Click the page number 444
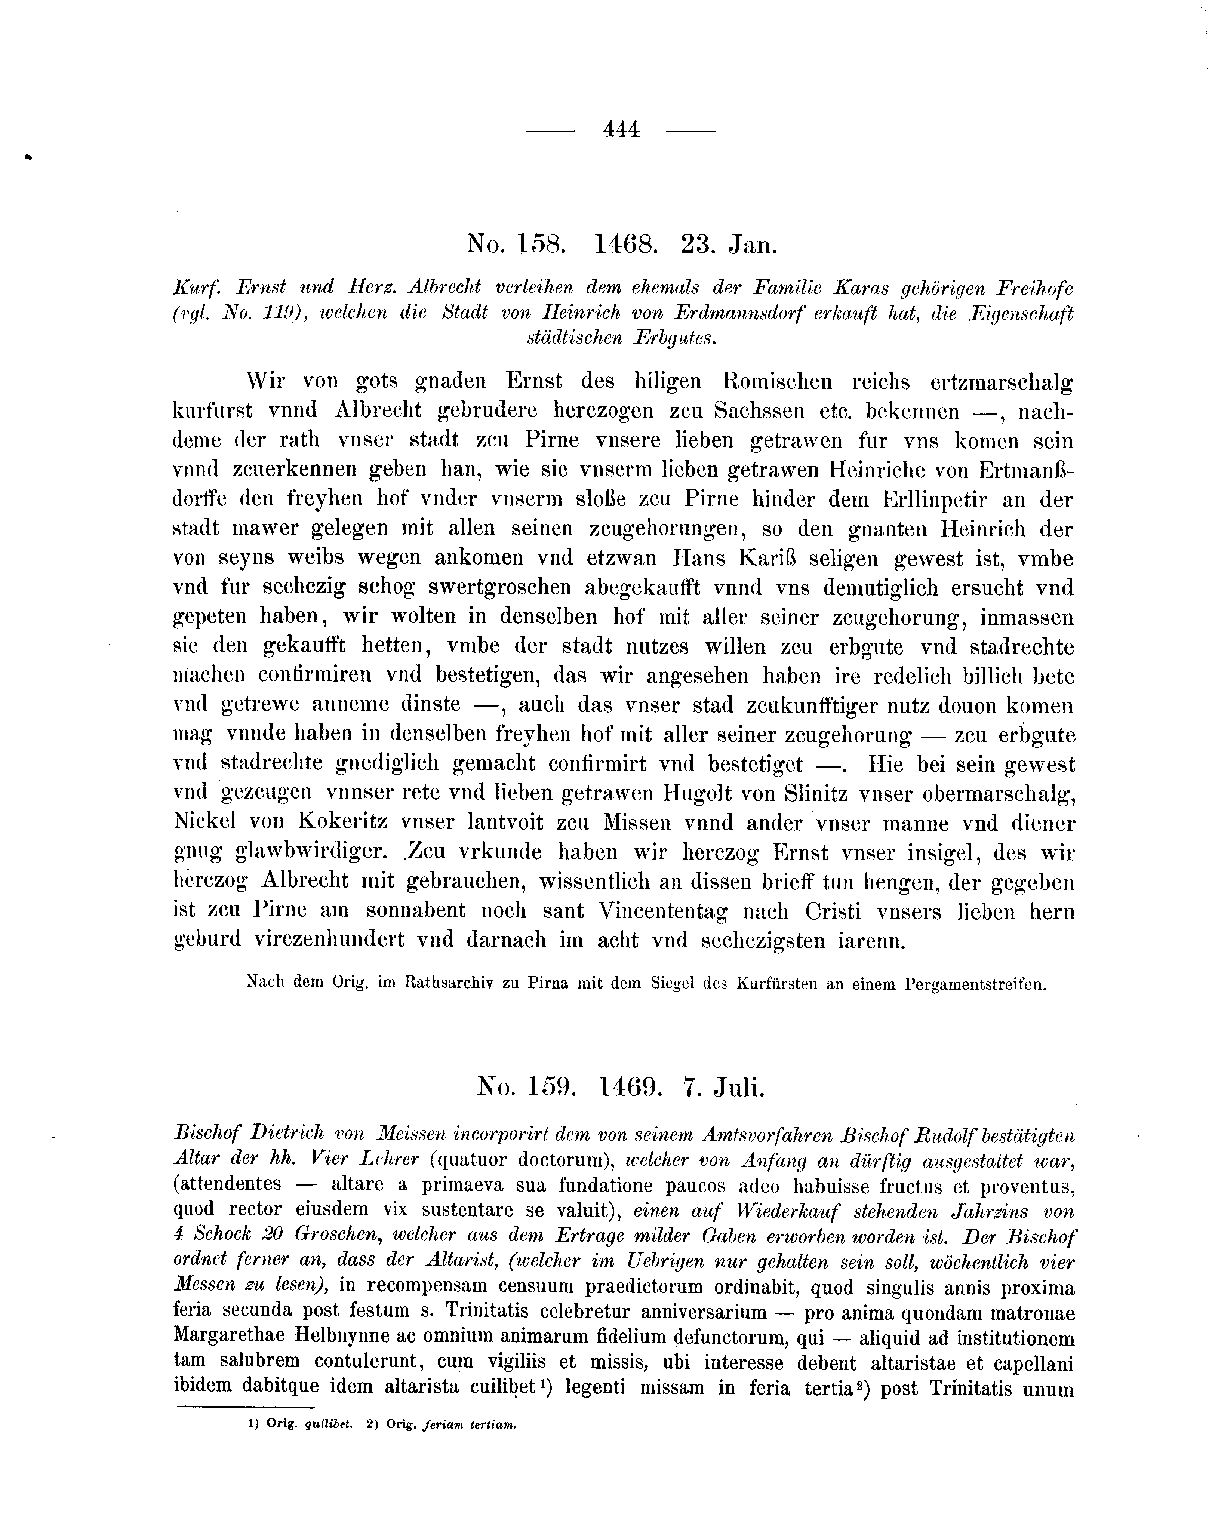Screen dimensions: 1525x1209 point(621,129)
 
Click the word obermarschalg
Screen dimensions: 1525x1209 point(999,794)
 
